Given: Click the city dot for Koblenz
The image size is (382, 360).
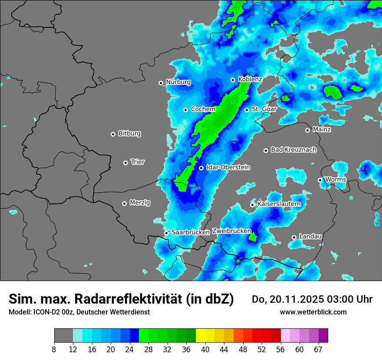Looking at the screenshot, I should click(x=233, y=80).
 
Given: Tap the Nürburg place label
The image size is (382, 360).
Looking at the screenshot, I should click(x=178, y=82).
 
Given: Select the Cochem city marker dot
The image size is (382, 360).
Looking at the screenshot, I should click(x=185, y=110).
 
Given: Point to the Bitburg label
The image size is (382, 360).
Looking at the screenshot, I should click(x=129, y=134).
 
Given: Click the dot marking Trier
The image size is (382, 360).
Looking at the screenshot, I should click(x=125, y=163).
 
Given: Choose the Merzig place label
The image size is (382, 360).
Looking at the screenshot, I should click(x=140, y=203).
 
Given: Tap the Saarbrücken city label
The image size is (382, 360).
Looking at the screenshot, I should click(x=191, y=232).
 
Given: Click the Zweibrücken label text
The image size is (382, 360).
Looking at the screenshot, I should click(x=231, y=231).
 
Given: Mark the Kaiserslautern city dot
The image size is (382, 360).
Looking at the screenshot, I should click(x=252, y=205).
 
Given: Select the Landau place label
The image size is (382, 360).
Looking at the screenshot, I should click(x=310, y=236).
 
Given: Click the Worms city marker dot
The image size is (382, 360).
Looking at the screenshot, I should click(x=320, y=180).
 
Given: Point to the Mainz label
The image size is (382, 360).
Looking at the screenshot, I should click(x=322, y=129).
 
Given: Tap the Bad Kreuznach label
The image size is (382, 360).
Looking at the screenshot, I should click(x=293, y=150).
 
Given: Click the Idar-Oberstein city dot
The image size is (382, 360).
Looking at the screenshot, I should click(x=201, y=168).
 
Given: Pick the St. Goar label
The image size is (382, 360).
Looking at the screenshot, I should click(x=264, y=109).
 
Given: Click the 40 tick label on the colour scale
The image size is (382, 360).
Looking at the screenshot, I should click(x=205, y=350).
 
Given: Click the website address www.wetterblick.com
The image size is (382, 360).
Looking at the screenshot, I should click(x=313, y=312).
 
